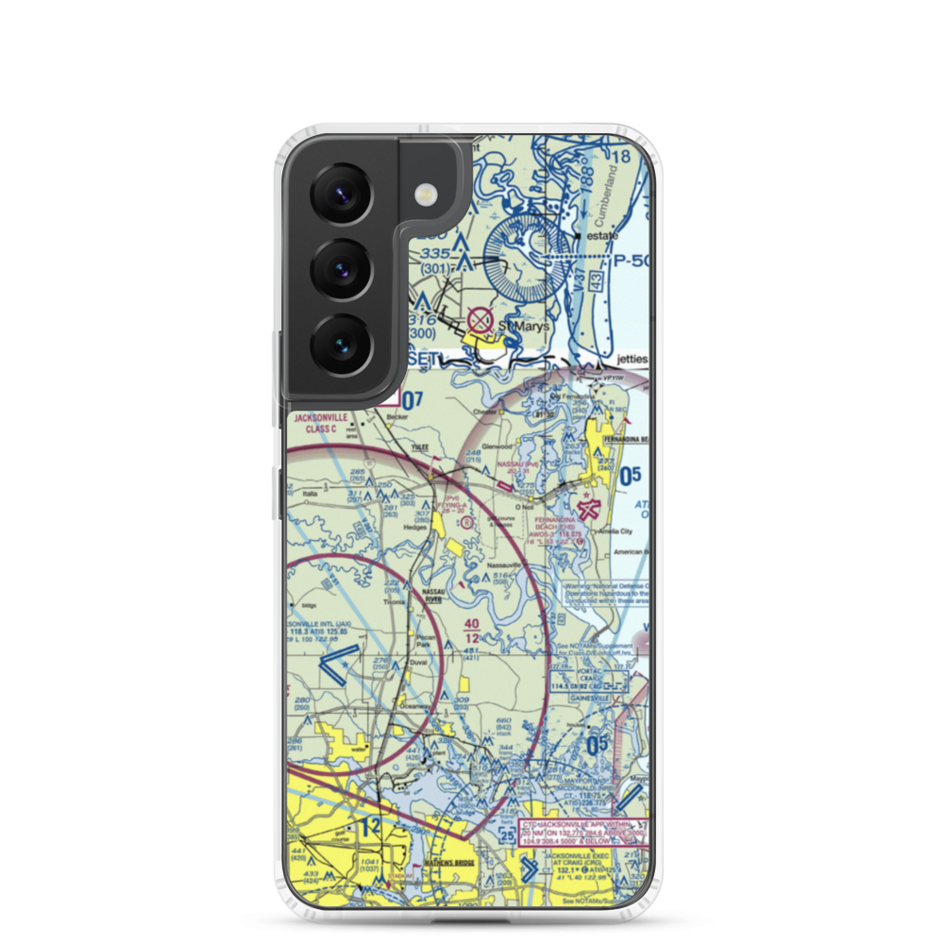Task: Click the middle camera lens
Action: [x=339, y=268]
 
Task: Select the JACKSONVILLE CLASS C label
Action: [x=320, y=422]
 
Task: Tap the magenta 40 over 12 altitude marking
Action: [x=472, y=631]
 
